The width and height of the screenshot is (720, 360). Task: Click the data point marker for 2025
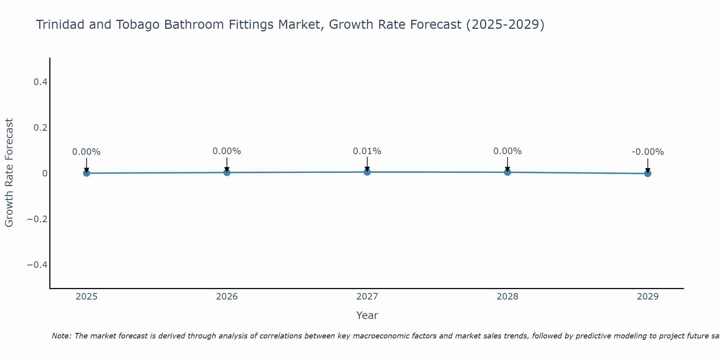tap(86, 173)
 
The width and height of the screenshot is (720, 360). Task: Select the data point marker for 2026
tap(227, 172)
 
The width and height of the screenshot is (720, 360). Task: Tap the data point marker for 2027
tap(367, 172)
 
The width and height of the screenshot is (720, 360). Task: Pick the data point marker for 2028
tap(507, 172)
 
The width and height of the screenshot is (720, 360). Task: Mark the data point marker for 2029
tap(648, 174)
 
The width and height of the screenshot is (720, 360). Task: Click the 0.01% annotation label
tap(367, 151)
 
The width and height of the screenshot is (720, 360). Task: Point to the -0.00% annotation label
tap(648, 152)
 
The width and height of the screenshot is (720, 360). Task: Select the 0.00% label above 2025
tap(86, 152)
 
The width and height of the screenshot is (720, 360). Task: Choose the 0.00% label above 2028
tap(507, 151)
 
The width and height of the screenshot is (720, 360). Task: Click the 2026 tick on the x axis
tap(227, 297)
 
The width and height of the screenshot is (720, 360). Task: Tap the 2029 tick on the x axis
tap(648, 297)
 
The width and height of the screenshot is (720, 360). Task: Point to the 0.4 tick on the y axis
tap(40, 82)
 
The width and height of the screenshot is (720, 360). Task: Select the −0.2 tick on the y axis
tap(37, 219)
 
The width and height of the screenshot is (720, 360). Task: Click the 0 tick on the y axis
tap(45, 174)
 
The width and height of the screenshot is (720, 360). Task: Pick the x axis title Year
tap(367, 315)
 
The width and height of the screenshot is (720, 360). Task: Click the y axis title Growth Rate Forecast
tap(9, 173)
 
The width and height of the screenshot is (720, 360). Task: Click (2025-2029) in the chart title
tap(505, 24)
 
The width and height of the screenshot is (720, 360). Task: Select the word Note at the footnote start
tap(61, 336)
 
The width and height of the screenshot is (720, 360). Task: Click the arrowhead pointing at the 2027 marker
tap(367, 169)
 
